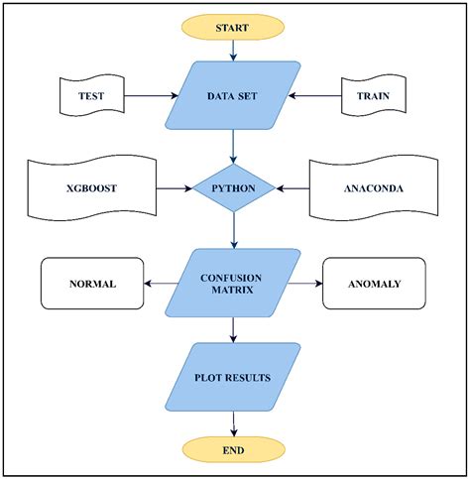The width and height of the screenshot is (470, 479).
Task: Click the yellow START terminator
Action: tap(232, 28)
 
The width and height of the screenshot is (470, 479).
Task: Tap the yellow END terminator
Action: tap(232, 449)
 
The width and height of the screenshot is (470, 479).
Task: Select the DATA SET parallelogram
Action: tap(234, 96)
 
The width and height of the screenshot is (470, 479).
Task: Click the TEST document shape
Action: tap(90, 96)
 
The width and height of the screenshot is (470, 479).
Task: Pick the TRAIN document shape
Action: tap(376, 96)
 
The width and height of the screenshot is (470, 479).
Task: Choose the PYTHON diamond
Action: tap(233, 185)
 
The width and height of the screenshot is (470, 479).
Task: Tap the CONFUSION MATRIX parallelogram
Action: tap(234, 283)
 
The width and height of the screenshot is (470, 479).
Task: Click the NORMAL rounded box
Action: tap(92, 284)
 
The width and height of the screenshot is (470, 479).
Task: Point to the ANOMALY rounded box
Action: tap(374, 284)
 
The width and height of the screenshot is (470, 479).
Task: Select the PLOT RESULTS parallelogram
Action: tap(234, 377)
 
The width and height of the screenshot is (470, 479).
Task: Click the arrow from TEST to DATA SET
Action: tap(149, 96)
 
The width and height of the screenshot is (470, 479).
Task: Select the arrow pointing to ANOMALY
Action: tap(308, 284)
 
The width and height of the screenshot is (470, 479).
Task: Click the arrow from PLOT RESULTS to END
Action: tap(233, 422)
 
